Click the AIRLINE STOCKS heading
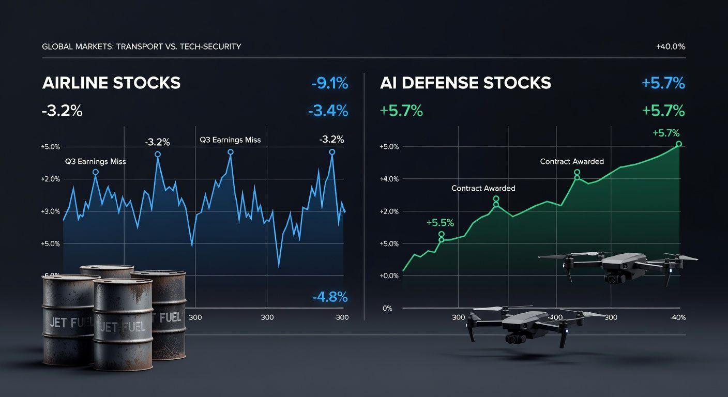[x=111, y=83]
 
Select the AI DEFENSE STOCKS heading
[x=465, y=83]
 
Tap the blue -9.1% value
[x=329, y=83]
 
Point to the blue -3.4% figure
[x=327, y=110]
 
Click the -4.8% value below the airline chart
[x=330, y=297]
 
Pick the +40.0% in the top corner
[x=670, y=47]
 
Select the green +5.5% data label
[x=440, y=223]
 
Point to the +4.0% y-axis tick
[x=389, y=179]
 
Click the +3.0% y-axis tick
[x=50, y=211]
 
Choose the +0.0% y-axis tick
[x=389, y=276]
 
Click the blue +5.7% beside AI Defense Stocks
[x=663, y=83]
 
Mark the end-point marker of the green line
[x=679, y=144]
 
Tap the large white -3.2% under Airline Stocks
[x=62, y=111]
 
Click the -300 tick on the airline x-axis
[x=341, y=317]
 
